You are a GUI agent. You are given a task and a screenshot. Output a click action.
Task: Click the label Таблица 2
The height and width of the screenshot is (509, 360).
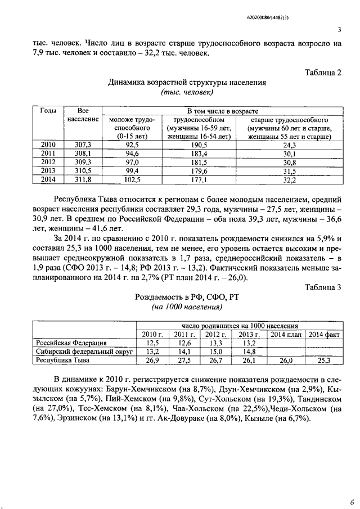pos(323,73)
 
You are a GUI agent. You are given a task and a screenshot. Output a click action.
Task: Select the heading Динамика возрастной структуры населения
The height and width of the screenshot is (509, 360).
pos(187,82)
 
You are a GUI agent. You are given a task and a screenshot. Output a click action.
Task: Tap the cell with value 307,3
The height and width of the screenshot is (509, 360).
pos(83,145)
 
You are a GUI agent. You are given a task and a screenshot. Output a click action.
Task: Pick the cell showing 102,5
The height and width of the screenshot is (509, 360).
pos(132,180)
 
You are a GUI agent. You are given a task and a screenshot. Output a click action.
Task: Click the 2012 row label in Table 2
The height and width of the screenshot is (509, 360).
pos(48,163)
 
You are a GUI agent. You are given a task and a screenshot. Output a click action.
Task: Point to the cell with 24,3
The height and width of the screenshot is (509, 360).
pos(289,145)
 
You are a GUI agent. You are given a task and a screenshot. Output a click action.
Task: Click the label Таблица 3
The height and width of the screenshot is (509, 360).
pos(323,288)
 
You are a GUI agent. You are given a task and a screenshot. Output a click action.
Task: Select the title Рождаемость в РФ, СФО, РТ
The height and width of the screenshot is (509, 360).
pos(186,298)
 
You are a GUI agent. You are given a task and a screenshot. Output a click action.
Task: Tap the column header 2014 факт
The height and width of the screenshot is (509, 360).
pos(324,334)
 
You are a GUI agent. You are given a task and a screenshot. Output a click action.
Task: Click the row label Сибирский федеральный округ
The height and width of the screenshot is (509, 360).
pos(84,351)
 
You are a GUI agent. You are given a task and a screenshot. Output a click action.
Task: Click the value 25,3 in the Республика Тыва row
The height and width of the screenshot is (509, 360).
pos(324,360)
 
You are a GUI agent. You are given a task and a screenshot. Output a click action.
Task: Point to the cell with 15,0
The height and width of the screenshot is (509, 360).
pos(216,351)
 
